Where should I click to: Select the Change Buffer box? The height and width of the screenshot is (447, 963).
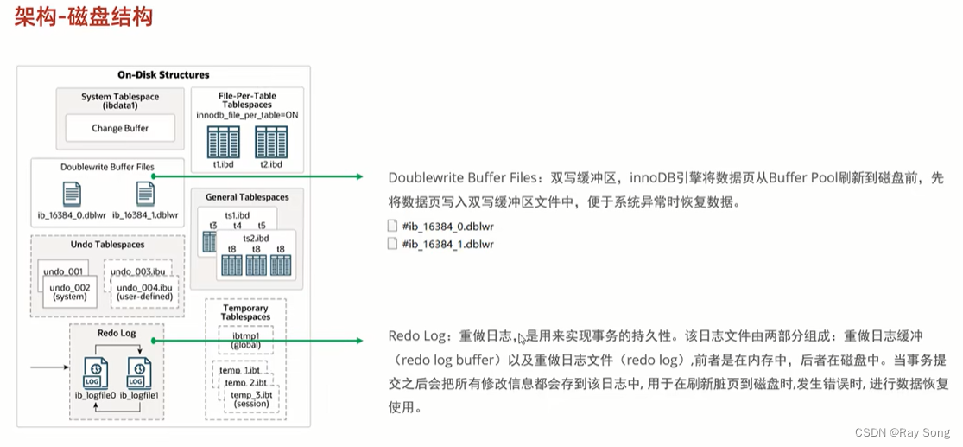pos(120,129)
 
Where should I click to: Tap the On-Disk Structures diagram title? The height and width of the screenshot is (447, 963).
pos(163,75)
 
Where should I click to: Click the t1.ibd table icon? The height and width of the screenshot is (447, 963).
pos(223,141)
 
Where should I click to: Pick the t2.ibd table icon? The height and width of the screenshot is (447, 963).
pos(271,141)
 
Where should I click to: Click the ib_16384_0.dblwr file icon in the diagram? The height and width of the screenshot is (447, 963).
pos(72,195)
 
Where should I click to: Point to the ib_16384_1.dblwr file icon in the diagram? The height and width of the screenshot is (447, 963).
pos(145,195)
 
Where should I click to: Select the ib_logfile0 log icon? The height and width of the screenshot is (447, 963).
pos(95,372)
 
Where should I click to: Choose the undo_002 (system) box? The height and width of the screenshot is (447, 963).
pos(70,291)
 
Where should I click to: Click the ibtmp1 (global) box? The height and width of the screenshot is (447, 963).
pos(246,339)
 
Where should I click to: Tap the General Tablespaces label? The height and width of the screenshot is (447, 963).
pos(247,198)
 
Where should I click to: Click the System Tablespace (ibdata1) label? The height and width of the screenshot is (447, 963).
pos(120,102)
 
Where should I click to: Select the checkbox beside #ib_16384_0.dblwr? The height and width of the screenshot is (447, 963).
pos(394,226)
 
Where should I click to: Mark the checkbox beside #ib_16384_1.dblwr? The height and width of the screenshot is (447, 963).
pos(394,245)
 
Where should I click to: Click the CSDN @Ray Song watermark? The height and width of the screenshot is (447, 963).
pos(902,432)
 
